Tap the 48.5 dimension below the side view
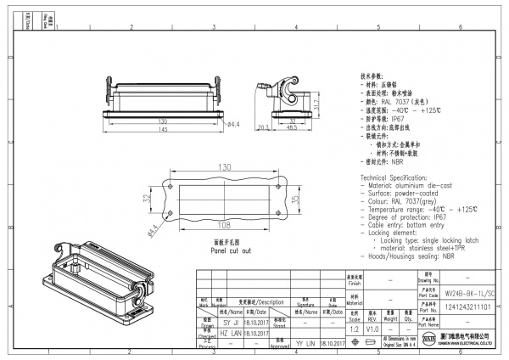(x=291, y=129)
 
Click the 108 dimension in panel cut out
(x=226, y=227)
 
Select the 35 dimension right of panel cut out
(x=294, y=200)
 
